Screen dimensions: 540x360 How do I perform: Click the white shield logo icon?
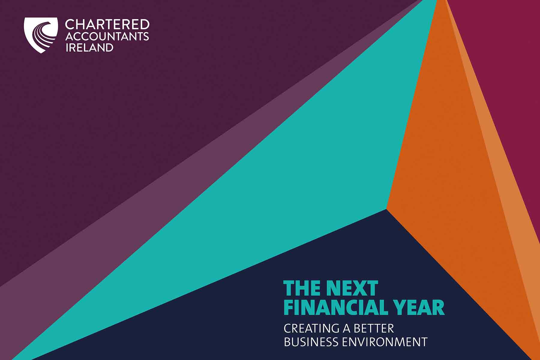[x=41, y=35]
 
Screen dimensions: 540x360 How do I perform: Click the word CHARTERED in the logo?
[x=107, y=25]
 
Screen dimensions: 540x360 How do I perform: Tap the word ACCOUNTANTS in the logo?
[x=107, y=37]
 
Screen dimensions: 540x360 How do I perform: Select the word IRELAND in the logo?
[x=89, y=47]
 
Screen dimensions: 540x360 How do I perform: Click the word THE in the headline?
[x=302, y=288]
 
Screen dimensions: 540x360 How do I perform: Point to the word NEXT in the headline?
[x=352, y=288]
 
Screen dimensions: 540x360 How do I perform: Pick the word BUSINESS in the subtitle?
[x=312, y=342]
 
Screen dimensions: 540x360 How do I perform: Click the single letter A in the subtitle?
[x=347, y=328]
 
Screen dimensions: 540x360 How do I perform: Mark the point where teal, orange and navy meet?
[x=386, y=209]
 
